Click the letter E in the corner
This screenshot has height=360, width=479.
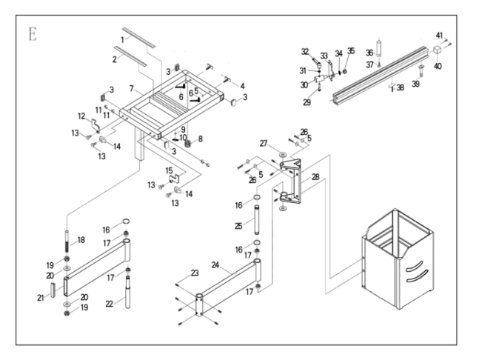click(33, 36)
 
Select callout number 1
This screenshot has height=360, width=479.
click(124, 39)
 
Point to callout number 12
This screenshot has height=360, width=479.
click(82, 116)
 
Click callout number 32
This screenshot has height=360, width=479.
click(304, 51)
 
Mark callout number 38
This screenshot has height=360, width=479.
click(400, 87)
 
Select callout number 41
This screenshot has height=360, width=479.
click(439, 35)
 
